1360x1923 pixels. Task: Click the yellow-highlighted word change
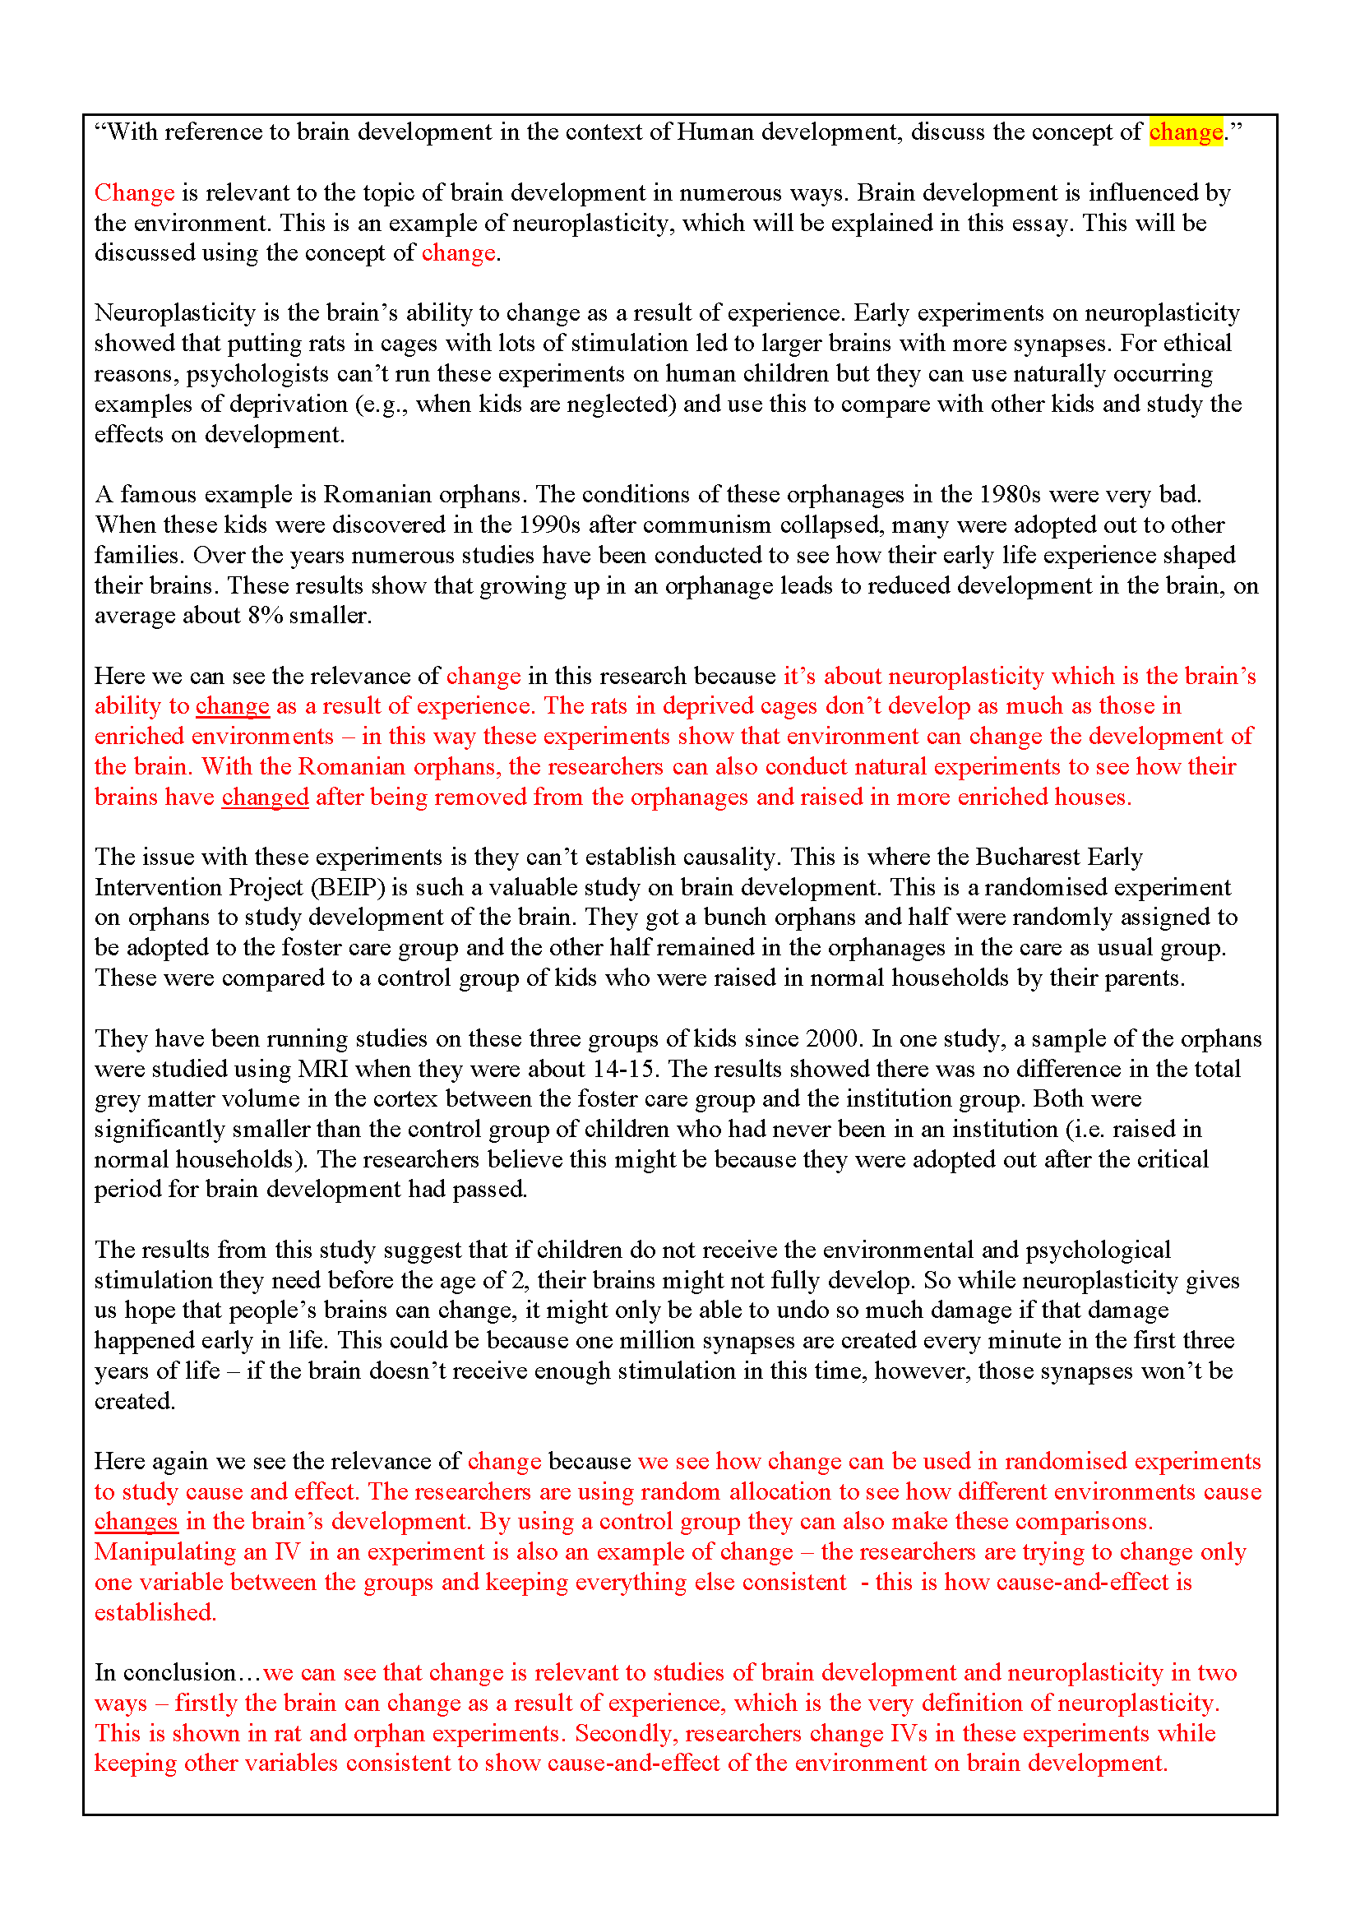point(1185,132)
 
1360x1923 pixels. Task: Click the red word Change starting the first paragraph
point(134,192)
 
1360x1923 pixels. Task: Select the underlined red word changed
point(265,797)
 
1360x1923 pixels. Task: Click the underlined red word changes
point(136,1521)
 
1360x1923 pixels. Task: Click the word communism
point(708,525)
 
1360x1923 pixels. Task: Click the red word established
point(155,1612)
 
